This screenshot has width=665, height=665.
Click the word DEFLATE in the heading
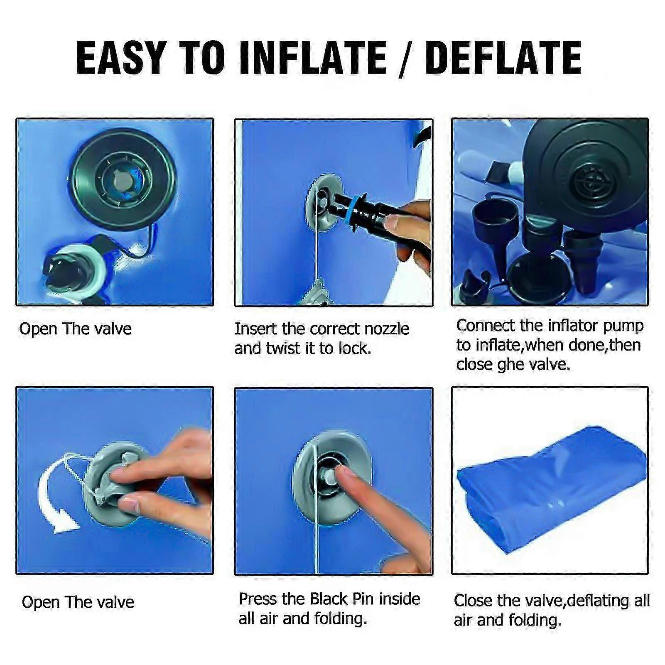coord(503,58)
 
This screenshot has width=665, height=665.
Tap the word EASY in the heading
coord(121,58)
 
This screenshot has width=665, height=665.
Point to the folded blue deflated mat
coord(552,488)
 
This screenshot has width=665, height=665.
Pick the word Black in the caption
coord(329,599)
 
